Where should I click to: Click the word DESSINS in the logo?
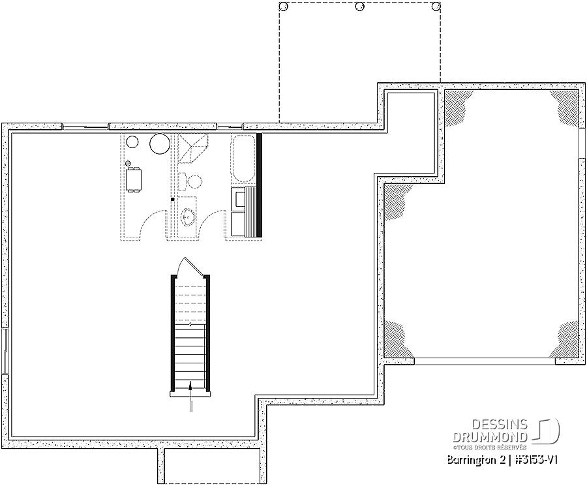pyautogui.click(x=500, y=425)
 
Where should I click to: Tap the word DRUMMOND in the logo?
pyautogui.click(x=490, y=437)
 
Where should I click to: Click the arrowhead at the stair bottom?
pyautogui.click(x=190, y=384)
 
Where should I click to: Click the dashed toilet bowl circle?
pyautogui.click(x=194, y=182)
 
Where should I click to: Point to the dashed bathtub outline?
pyautogui.click(x=244, y=159)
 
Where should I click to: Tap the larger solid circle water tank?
pyautogui.click(x=160, y=144)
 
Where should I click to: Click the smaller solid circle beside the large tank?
pyautogui.click(x=132, y=142)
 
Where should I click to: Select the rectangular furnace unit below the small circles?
pyautogui.click(x=134, y=180)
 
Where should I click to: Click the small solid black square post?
pyautogui.click(x=173, y=200)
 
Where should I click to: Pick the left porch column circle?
pyautogui.click(x=284, y=7)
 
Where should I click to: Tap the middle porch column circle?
pyautogui.click(x=360, y=7)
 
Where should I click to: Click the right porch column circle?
pyautogui.click(x=436, y=7)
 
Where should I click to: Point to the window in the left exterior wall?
pyautogui.click(x=5, y=351)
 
